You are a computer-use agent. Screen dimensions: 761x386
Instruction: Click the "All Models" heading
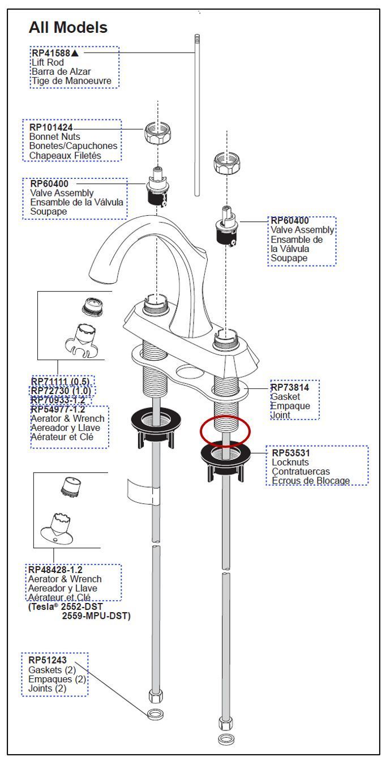(68, 27)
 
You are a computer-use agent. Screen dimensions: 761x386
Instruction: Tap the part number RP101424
(51, 128)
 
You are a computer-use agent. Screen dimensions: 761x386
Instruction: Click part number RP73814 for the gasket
(290, 387)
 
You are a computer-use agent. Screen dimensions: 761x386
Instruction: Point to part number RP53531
(291, 453)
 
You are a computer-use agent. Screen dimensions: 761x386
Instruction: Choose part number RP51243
(47, 661)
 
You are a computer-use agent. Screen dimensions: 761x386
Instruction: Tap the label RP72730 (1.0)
(61, 391)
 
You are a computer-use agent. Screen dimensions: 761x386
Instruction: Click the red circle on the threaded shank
(225, 432)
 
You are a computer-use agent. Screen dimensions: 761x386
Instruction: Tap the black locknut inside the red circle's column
(226, 456)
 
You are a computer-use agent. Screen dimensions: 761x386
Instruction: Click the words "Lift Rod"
(47, 62)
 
